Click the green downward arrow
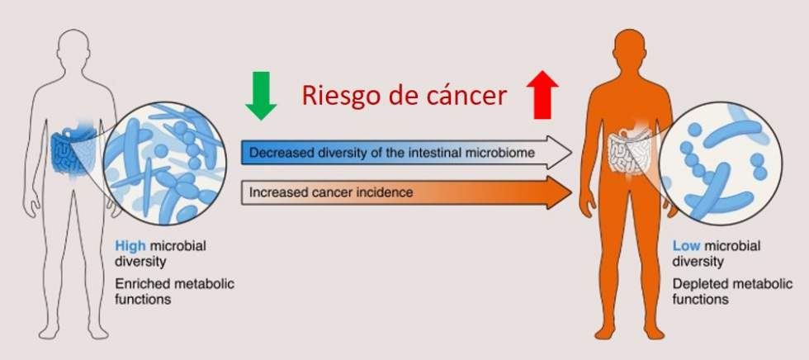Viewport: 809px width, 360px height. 261,96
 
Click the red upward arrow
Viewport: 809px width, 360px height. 543,95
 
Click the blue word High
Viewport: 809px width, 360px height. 130,245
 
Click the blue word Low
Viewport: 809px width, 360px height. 686,246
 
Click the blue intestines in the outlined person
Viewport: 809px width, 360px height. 73,149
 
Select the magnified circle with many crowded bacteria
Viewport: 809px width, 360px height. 164,163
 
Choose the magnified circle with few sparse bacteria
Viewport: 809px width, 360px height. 721,163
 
